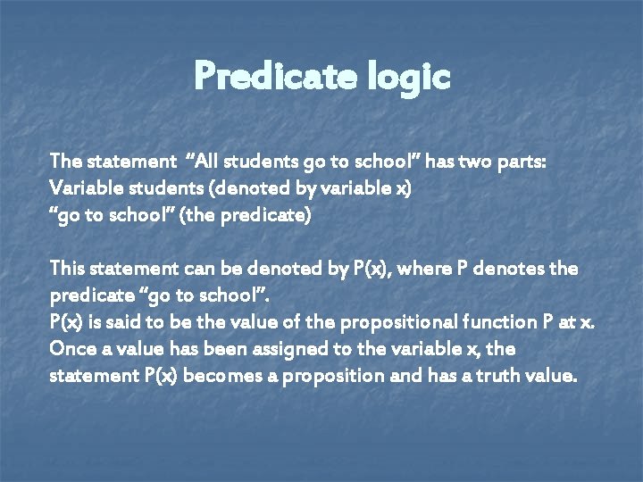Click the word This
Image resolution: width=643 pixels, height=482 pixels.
(68, 269)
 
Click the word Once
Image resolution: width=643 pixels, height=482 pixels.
(71, 349)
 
